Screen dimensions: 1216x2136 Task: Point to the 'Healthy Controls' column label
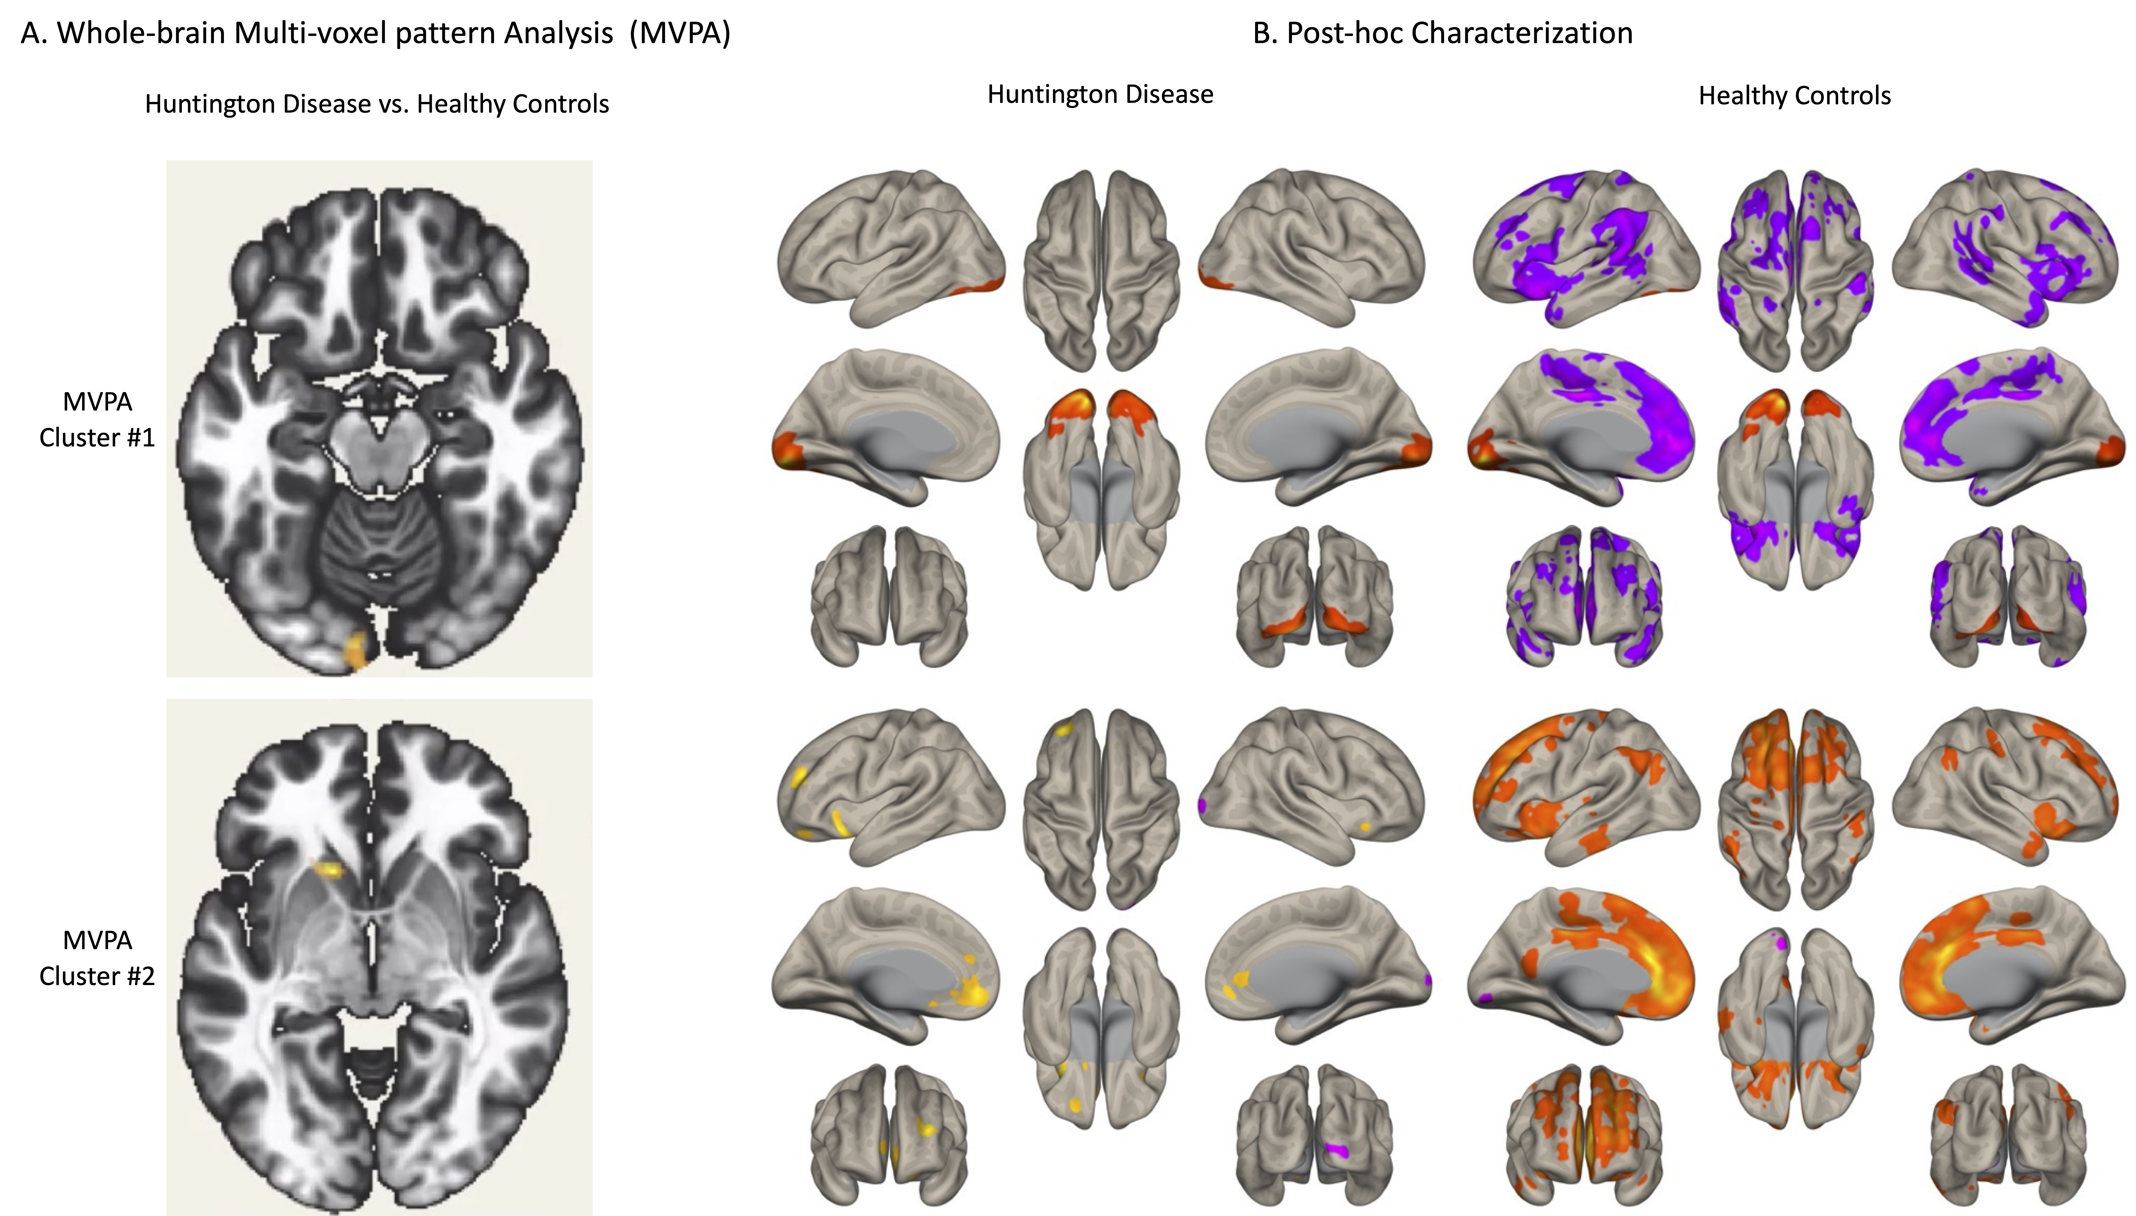[1794, 96]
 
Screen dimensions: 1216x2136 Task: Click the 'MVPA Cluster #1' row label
[97, 419]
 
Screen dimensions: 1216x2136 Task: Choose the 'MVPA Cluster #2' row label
[97, 958]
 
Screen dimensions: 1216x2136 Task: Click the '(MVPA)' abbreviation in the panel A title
[680, 33]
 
